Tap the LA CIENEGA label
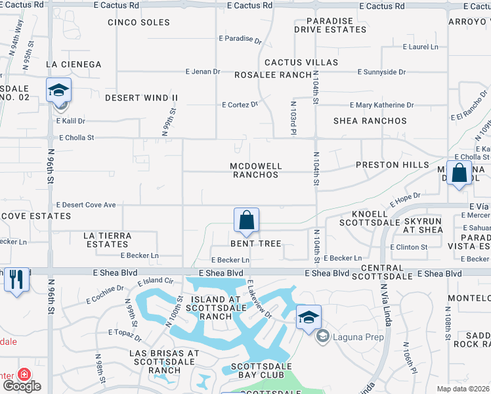pos(74,64)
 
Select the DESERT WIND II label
pos(141,98)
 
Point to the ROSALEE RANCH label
pos(273,75)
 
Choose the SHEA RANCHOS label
pos(370,121)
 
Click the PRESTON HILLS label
pos(393,165)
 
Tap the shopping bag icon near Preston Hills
pos(459,173)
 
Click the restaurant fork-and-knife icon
pos(16,278)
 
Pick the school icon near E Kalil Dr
pos(58,90)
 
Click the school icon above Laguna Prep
pos(309,317)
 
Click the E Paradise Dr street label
pos(240,39)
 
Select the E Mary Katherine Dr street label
pos(381,105)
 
